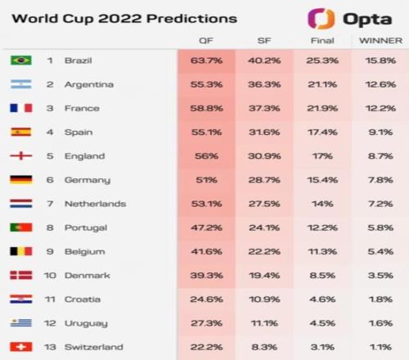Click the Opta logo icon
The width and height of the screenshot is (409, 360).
pyautogui.click(x=321, y=19)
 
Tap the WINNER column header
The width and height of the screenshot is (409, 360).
pyautogui.click(x=380, y=41)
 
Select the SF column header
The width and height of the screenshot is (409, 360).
pyautogui.click(x=264, y=41)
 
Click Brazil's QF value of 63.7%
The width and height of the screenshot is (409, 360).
pyautogui.click(x=206, y=61)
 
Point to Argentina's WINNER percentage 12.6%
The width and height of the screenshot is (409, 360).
pyautogui.click(x=380, y=84)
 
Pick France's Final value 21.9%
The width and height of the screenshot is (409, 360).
pyautogui.click(x=322, y=108)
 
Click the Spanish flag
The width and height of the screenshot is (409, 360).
pyautogui.click(x=21, y=132)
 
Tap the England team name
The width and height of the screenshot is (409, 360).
pyautogui.click(x=85, y=156)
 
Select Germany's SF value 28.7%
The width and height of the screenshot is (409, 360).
pyautogui.click(x=264, y=180)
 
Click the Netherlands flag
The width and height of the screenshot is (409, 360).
pyautogui.click(x=21, y=204)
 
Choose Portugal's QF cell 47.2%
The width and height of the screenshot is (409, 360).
pyautogui.click(x=206, y=227)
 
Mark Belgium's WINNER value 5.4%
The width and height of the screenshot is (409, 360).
pyautogui.click(x=380, y=251)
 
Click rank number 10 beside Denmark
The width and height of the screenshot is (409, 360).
pyautogui.click(x=50, y=276)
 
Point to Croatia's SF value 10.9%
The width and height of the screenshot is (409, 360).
pyautogui.click(x=264, y=299)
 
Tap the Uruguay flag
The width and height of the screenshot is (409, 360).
pyautogui.click(x=21, y=323)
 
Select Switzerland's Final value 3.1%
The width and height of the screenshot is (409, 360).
pyautogui.click(x=322, y=347)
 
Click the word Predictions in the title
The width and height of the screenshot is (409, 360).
pyautogui.click(x=192, y=19)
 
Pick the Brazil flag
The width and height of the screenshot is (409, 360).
pyautogui.click(x=21, y=61)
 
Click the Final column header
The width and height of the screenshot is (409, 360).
pyautogui.click(x=322, y=41)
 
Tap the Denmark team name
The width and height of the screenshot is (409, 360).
pyautogui.click(x=88, y=276)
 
